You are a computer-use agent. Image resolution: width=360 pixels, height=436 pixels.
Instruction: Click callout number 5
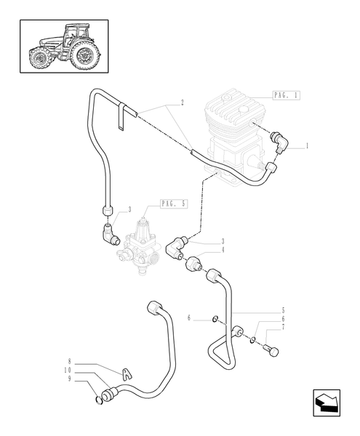pyautogui.click(x=282, y=310)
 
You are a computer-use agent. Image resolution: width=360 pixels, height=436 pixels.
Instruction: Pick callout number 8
pyautogui.click(x=70, y=360)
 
